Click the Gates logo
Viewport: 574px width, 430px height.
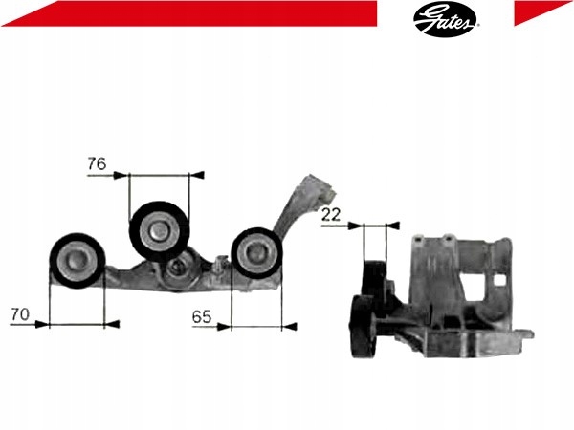447,17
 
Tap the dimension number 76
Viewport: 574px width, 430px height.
96,163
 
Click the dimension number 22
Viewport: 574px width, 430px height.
332,215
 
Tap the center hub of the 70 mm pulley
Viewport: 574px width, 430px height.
77,259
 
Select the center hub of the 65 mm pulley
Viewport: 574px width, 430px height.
255,251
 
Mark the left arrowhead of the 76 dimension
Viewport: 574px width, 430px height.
121,175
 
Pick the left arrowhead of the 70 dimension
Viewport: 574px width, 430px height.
41,324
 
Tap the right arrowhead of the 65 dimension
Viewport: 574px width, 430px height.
289,325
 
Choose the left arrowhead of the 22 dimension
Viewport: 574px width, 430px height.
355,226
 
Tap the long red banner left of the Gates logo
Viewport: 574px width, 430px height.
191,11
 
